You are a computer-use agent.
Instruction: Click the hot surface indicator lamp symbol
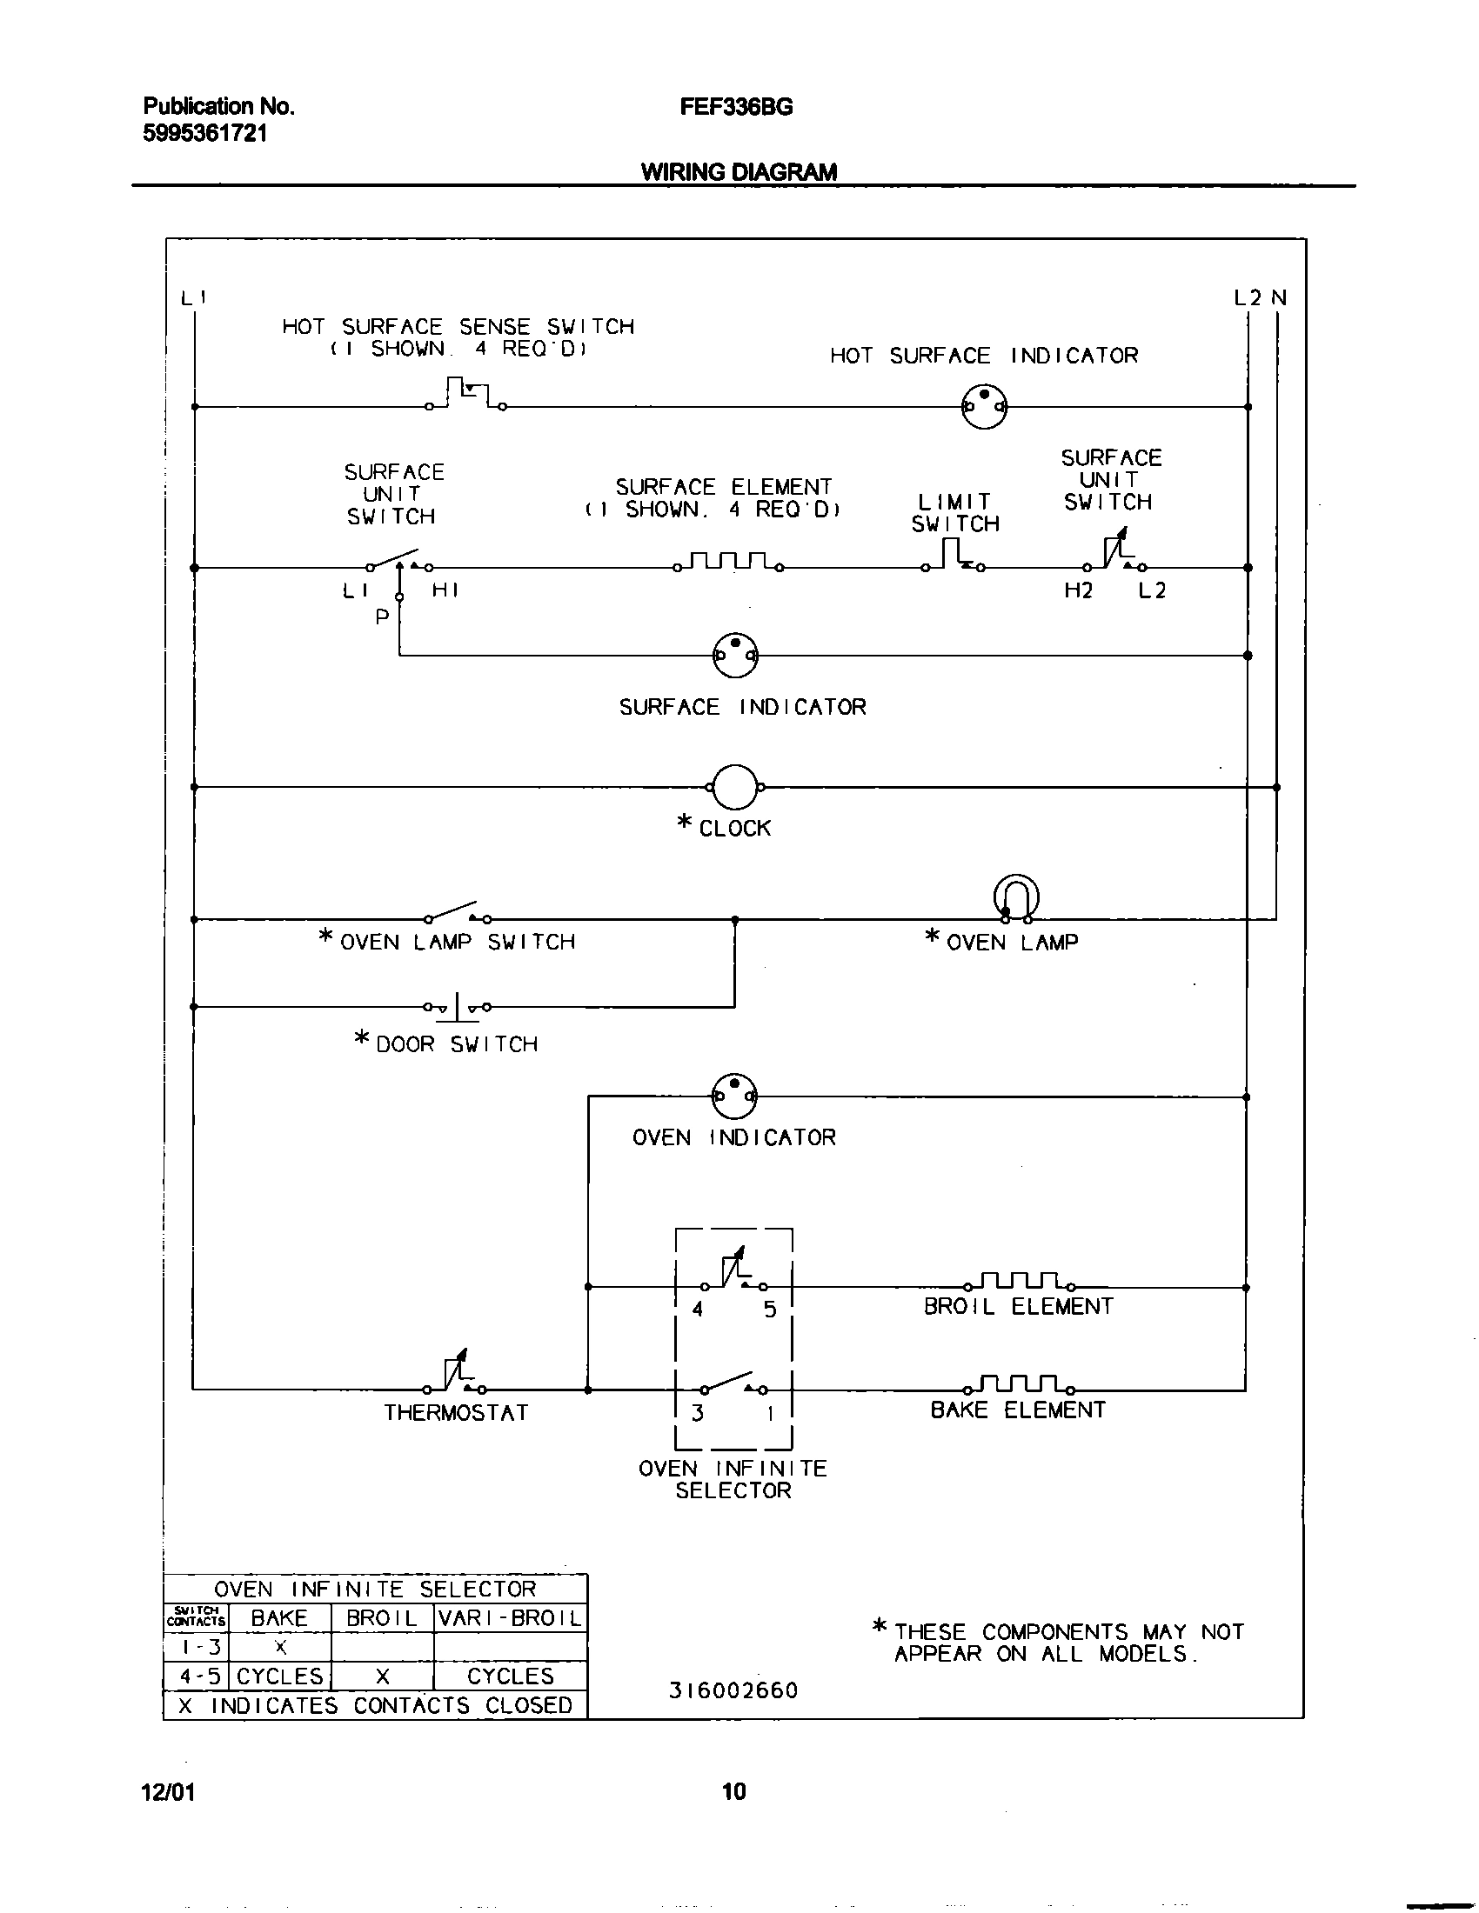984,406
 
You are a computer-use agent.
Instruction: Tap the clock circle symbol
735,787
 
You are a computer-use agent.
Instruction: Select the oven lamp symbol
1016,899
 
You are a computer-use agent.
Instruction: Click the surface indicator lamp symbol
735,655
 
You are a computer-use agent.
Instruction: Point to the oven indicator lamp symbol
734,1096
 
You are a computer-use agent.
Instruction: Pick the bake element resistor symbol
1020,1384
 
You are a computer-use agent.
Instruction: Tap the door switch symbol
457,1007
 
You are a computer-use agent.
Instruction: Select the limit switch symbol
954,557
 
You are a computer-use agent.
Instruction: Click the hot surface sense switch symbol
466,395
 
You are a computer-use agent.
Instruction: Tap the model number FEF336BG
736,107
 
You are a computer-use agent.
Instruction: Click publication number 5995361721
205,133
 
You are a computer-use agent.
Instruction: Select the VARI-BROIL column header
510,1618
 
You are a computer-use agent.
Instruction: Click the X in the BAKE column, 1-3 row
280,1648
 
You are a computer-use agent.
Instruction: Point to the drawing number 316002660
734,1690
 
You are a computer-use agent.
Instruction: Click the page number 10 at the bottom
734,1791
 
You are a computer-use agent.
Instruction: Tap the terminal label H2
1079,590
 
